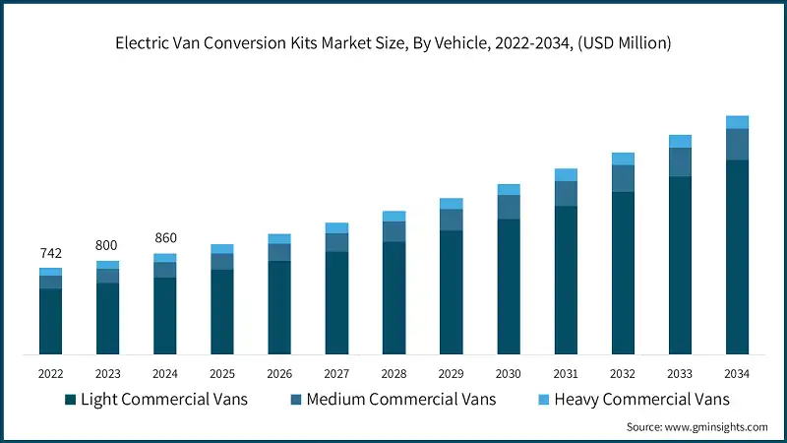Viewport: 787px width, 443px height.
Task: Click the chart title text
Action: tap(393, 42)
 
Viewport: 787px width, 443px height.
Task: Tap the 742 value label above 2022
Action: tap(50, 254)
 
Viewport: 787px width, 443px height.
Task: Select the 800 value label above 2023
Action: tap(107, 246)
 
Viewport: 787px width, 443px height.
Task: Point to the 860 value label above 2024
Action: tap(164, 238)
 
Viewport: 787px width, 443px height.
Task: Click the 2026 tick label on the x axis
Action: tap(279, 374)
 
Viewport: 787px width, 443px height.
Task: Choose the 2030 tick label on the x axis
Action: tap(508, 374)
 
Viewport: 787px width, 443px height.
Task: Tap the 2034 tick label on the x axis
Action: tap(737, 374)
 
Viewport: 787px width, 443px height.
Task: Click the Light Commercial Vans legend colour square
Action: tap(70, 400)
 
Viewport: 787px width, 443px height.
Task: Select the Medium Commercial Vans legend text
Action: tap(400, 400)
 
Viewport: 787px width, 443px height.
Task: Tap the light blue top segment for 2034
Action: tap(737, 122)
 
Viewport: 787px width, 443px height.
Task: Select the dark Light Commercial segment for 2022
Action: tap(50, 321)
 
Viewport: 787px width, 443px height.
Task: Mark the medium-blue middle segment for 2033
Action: tap(680, 162)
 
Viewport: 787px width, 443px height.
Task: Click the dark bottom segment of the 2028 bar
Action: tap(393, 297)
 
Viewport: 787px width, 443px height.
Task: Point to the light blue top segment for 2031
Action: tap(566, 175)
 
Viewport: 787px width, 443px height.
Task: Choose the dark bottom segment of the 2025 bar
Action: tap(222, 311)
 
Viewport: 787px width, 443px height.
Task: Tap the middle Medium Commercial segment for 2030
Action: tap(508, 207)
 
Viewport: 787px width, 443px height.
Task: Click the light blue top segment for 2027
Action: tap(336, 228)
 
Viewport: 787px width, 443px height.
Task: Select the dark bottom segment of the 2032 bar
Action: tap(623, 273)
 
